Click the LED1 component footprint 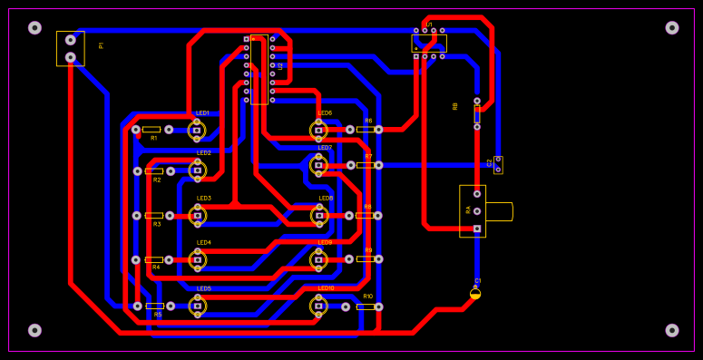click(x=197, y=130)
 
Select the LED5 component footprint click(x=197, y=306)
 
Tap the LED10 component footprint click(x=318, y=306)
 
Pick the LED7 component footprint click(x=318, y=165)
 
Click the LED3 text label click(x=204, y=198)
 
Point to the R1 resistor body click(x=151, y=130)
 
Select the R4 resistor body click(x=154, y=259)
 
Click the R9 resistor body click(x=365, y=258)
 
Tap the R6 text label click(x=368, y=121)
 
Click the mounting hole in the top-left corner click(x=34, y=27)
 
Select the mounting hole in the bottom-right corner click(x=672, y=330)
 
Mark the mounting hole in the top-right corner click(x=672, y=27)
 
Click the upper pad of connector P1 click(x=71, y=40)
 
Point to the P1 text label click(x=102, y=45)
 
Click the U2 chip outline click(x=259, y=69)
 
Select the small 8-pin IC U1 click(x=429, y=44)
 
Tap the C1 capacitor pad click(x=475, y=293)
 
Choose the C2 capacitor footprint click(x=498, y=164)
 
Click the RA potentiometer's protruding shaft click(x=499, y=211)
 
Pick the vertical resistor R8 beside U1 click(x=477, y=114)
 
